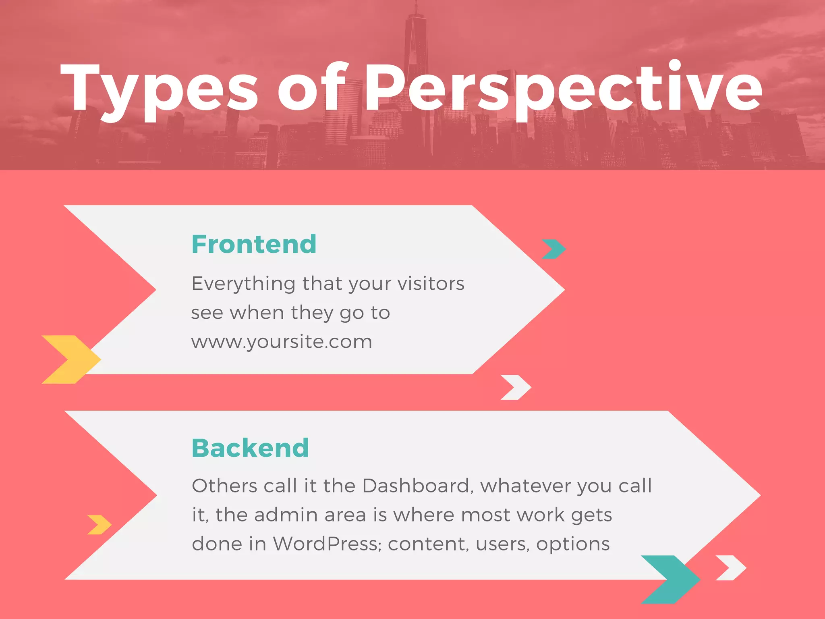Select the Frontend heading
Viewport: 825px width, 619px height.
(254, 244)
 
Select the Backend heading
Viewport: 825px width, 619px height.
(250, 448)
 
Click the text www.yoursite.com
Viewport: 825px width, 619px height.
(282, 342)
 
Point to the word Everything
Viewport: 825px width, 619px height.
(244, 284)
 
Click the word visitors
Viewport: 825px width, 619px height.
(431, 284)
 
